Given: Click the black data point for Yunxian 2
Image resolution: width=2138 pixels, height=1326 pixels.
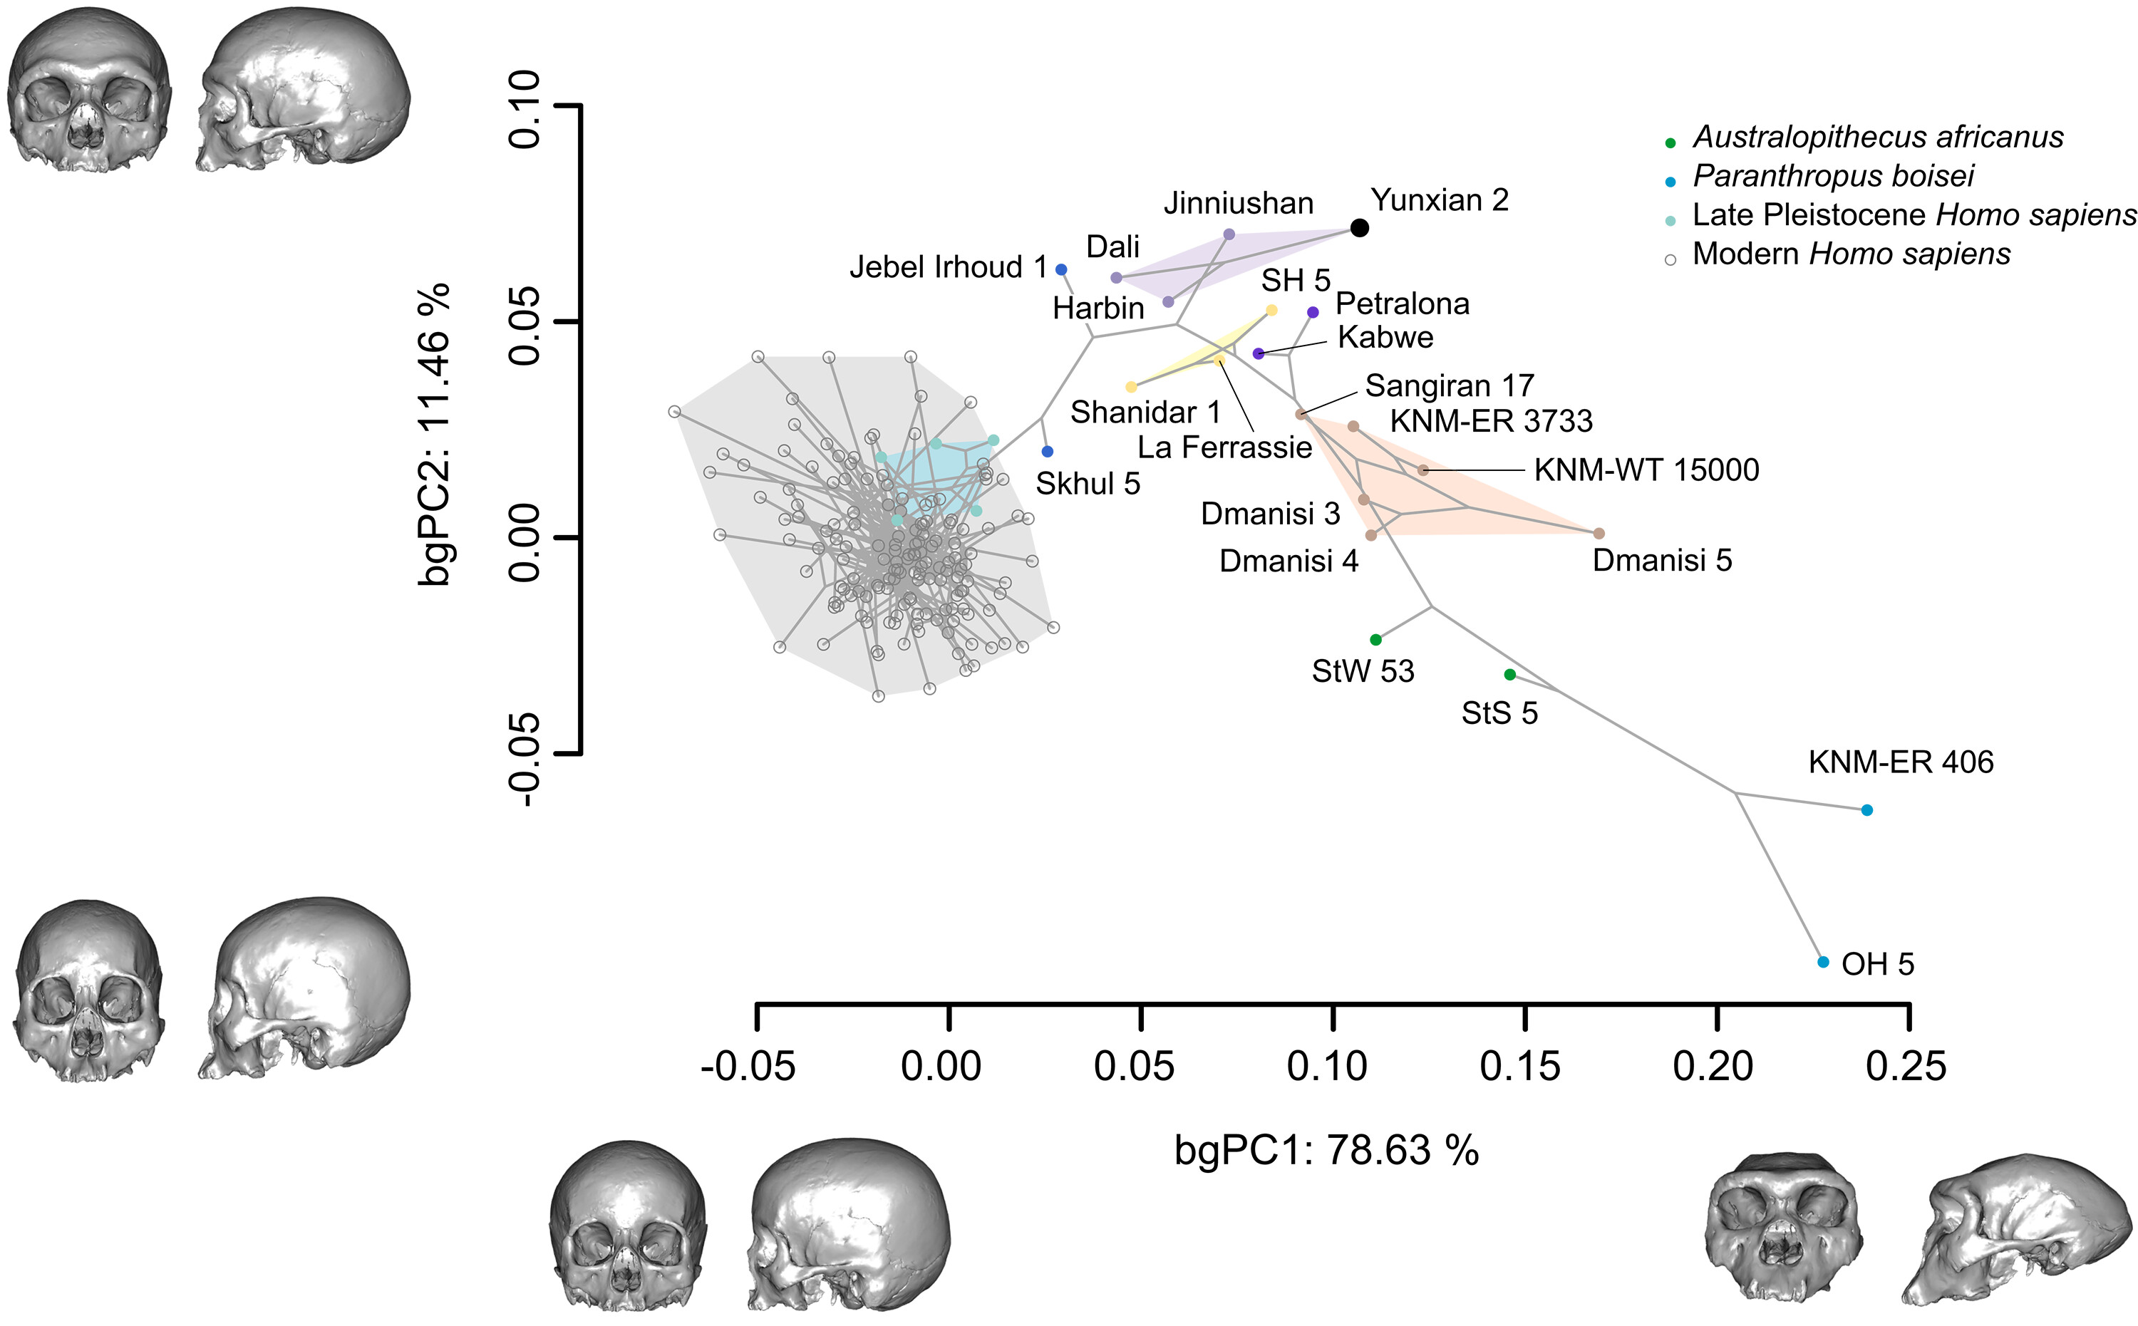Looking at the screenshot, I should tap(1359, 228).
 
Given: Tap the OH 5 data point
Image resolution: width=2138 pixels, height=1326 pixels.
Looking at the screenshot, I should tap(1823, 962).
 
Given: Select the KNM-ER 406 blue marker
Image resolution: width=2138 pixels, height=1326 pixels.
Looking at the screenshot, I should tap(1867, 810).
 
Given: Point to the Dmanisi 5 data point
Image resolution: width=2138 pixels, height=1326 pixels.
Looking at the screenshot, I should tap(1599, 533).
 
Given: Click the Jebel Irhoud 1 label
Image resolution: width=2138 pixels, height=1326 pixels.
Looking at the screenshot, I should tap(948, 266).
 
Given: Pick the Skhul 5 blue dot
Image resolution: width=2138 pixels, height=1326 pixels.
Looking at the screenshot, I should tap(1047, 452).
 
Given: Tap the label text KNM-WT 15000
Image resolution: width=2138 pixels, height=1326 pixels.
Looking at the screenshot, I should tap(1646, 470).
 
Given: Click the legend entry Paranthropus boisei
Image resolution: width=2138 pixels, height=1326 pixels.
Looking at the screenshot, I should tap(1833, 176).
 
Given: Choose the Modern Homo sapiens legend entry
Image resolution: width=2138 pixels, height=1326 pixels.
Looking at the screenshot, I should tap(1850, 254).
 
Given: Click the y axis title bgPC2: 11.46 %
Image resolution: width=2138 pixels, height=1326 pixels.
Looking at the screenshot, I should tap(436, 433).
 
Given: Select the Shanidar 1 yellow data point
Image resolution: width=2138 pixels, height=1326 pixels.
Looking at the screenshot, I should tap(1131, 387).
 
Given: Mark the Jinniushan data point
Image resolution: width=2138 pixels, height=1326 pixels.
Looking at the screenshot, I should tap(1229, 234).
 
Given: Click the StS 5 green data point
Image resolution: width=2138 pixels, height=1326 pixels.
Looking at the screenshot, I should tap(1510, 675).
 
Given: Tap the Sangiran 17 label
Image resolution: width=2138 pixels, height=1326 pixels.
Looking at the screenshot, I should tap(1450, 386).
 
